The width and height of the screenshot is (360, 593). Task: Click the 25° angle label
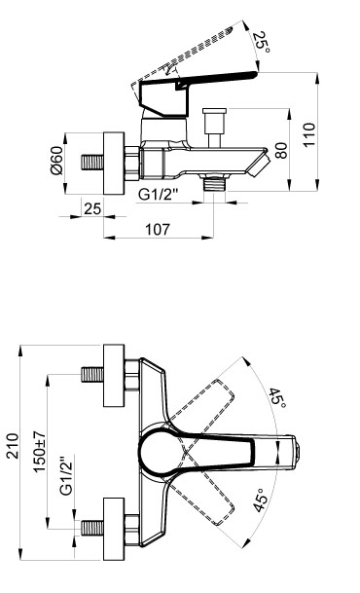tap(261, 42)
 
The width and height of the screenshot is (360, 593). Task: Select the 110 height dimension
tap(309, 134)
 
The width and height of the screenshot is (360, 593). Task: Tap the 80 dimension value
tap(281, 150)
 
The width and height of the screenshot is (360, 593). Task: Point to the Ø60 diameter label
tap(56, 161)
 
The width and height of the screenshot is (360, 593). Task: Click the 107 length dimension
tap(158, 229)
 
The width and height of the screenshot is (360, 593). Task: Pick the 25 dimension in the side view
tap(92, 208)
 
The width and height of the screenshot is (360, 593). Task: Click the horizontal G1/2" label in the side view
tap(158, 195)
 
